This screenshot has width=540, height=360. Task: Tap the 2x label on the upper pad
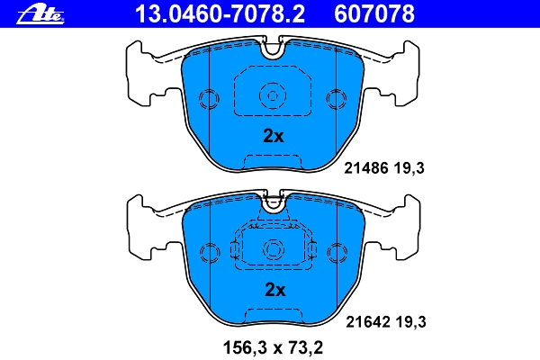pos(273,137)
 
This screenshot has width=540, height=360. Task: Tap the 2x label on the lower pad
pos(274,290)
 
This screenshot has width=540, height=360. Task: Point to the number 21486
pos(365,167)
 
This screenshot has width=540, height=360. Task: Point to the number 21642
pos(365,319)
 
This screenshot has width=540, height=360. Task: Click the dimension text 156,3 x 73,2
pos(274,345)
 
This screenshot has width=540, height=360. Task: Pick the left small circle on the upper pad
pos(208,98)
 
